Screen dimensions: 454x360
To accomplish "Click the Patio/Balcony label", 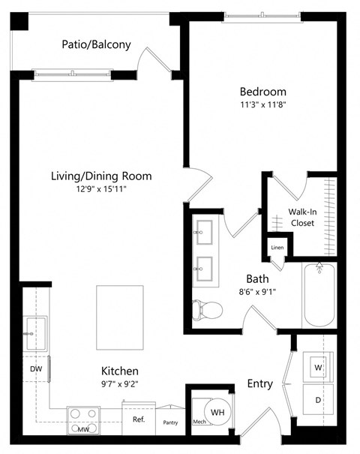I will [96, 44].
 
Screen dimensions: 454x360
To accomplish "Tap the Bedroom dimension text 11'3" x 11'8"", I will [256, 106].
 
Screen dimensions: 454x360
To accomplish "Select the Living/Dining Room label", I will [101, 176].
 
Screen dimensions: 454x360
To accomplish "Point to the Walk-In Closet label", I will [301, 218].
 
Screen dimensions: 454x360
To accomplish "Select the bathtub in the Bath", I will [319, 296].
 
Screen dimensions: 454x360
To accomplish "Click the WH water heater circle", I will [217, 413].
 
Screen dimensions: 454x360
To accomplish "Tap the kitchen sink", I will [34, 332].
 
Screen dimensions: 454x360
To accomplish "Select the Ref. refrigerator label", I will [138, 420].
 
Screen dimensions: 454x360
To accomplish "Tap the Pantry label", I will [171, 422].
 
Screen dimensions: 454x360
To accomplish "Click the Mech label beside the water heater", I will [199, 422].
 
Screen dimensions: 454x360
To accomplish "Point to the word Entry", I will [259, 384].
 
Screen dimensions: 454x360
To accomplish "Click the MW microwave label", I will [83, 430].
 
